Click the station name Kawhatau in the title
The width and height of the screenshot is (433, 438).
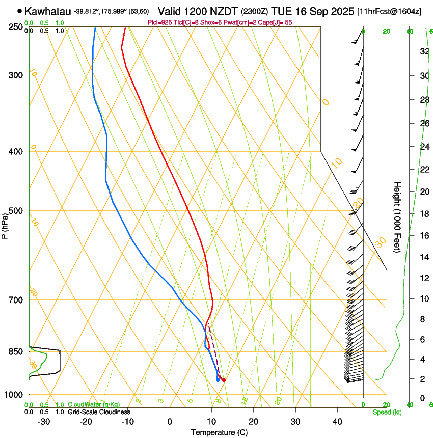[x=48, y=11]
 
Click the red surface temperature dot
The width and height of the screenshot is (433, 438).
[x=224, y=379]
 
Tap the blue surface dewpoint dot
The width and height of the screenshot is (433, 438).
[x=218, y=379]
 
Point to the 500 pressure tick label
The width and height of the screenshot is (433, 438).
[x=17, y=211]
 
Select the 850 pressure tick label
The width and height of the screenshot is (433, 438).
[x=17, y=351]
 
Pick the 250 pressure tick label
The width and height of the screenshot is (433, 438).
[x=17, y=27]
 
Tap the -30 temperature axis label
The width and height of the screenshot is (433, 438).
[x=44, y=421]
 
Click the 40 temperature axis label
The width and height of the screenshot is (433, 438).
[x=337, y=421]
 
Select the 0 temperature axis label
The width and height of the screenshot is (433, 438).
[x=170, y=421]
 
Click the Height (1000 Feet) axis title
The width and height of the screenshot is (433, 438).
[x=398, y=217]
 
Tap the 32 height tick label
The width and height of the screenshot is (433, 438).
[x=423, y=51]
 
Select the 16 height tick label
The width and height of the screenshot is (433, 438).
[x=423, y=235]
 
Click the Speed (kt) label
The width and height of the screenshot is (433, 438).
[x=387, y=412]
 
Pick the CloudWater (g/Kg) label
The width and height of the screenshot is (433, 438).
[x=94, y=404]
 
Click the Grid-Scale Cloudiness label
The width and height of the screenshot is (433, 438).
[x=99, y=412]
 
